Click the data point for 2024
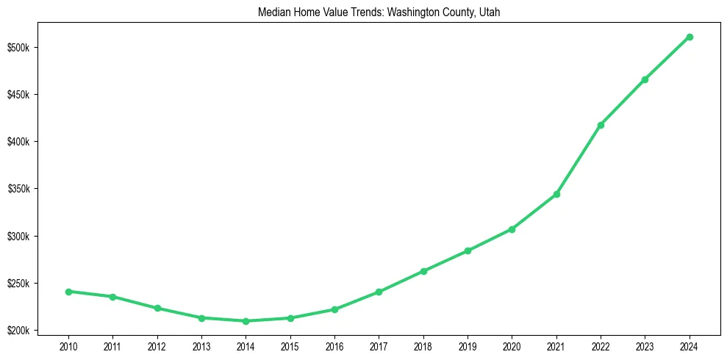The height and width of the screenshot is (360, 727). click(x=690, y=37)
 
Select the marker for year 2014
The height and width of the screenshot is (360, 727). click(x=246, y=321)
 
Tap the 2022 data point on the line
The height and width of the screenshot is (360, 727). click(x=601, y=125)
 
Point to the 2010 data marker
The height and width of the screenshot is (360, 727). click(x=68, y=292)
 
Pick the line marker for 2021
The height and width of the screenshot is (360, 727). click(x=556, y=194)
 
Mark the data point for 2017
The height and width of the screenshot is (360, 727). click(x=379, y=292)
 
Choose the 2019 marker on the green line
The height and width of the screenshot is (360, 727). click(x=468, y=251)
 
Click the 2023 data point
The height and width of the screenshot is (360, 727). click(x=645, y=79)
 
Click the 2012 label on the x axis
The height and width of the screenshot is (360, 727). click(x=157, y=346)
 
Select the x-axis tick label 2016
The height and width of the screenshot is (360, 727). click(x=334, y=346)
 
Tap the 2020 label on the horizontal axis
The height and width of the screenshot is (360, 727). click(x=512, y=346)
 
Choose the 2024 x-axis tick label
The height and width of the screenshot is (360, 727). click(x=690, y=346)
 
